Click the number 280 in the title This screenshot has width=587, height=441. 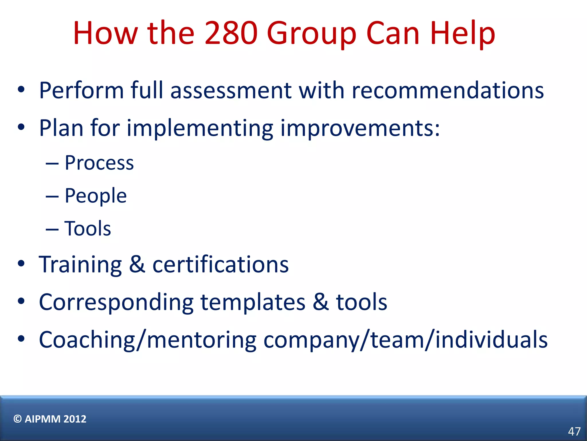pyautogui.click(x=231, y=33)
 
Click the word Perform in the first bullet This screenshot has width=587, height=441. pyautogui.click(x=81, y=90)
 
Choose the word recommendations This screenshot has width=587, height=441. pyautogui.click(x=448, y=91)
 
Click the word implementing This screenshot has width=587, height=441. pyautogui.click(x=200, y=128)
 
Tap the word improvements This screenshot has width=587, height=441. pyautogui.click(x=360, y=128)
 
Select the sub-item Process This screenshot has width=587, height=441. pyautogui.click(x=99, y=163)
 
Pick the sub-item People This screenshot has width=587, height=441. pyautogui.click(x=96, y=196)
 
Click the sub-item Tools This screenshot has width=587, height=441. pyautogui.click(x=88, y=229)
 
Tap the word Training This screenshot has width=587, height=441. pyautogui.click(x=81, y=265)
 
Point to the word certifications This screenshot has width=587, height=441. pyautogui.click(x=220, y=264)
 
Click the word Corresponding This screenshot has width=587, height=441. pyautogui.click(x=116, y=303)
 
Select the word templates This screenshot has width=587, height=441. pyautogui.click(x=253, y=303)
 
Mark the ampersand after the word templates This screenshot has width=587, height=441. pyautogui.click(x=320, y=302)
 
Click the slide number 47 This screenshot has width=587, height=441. pyautogui.click(x=574, y=432)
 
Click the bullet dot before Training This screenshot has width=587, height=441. pyautogui.click(x=21, y=264)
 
